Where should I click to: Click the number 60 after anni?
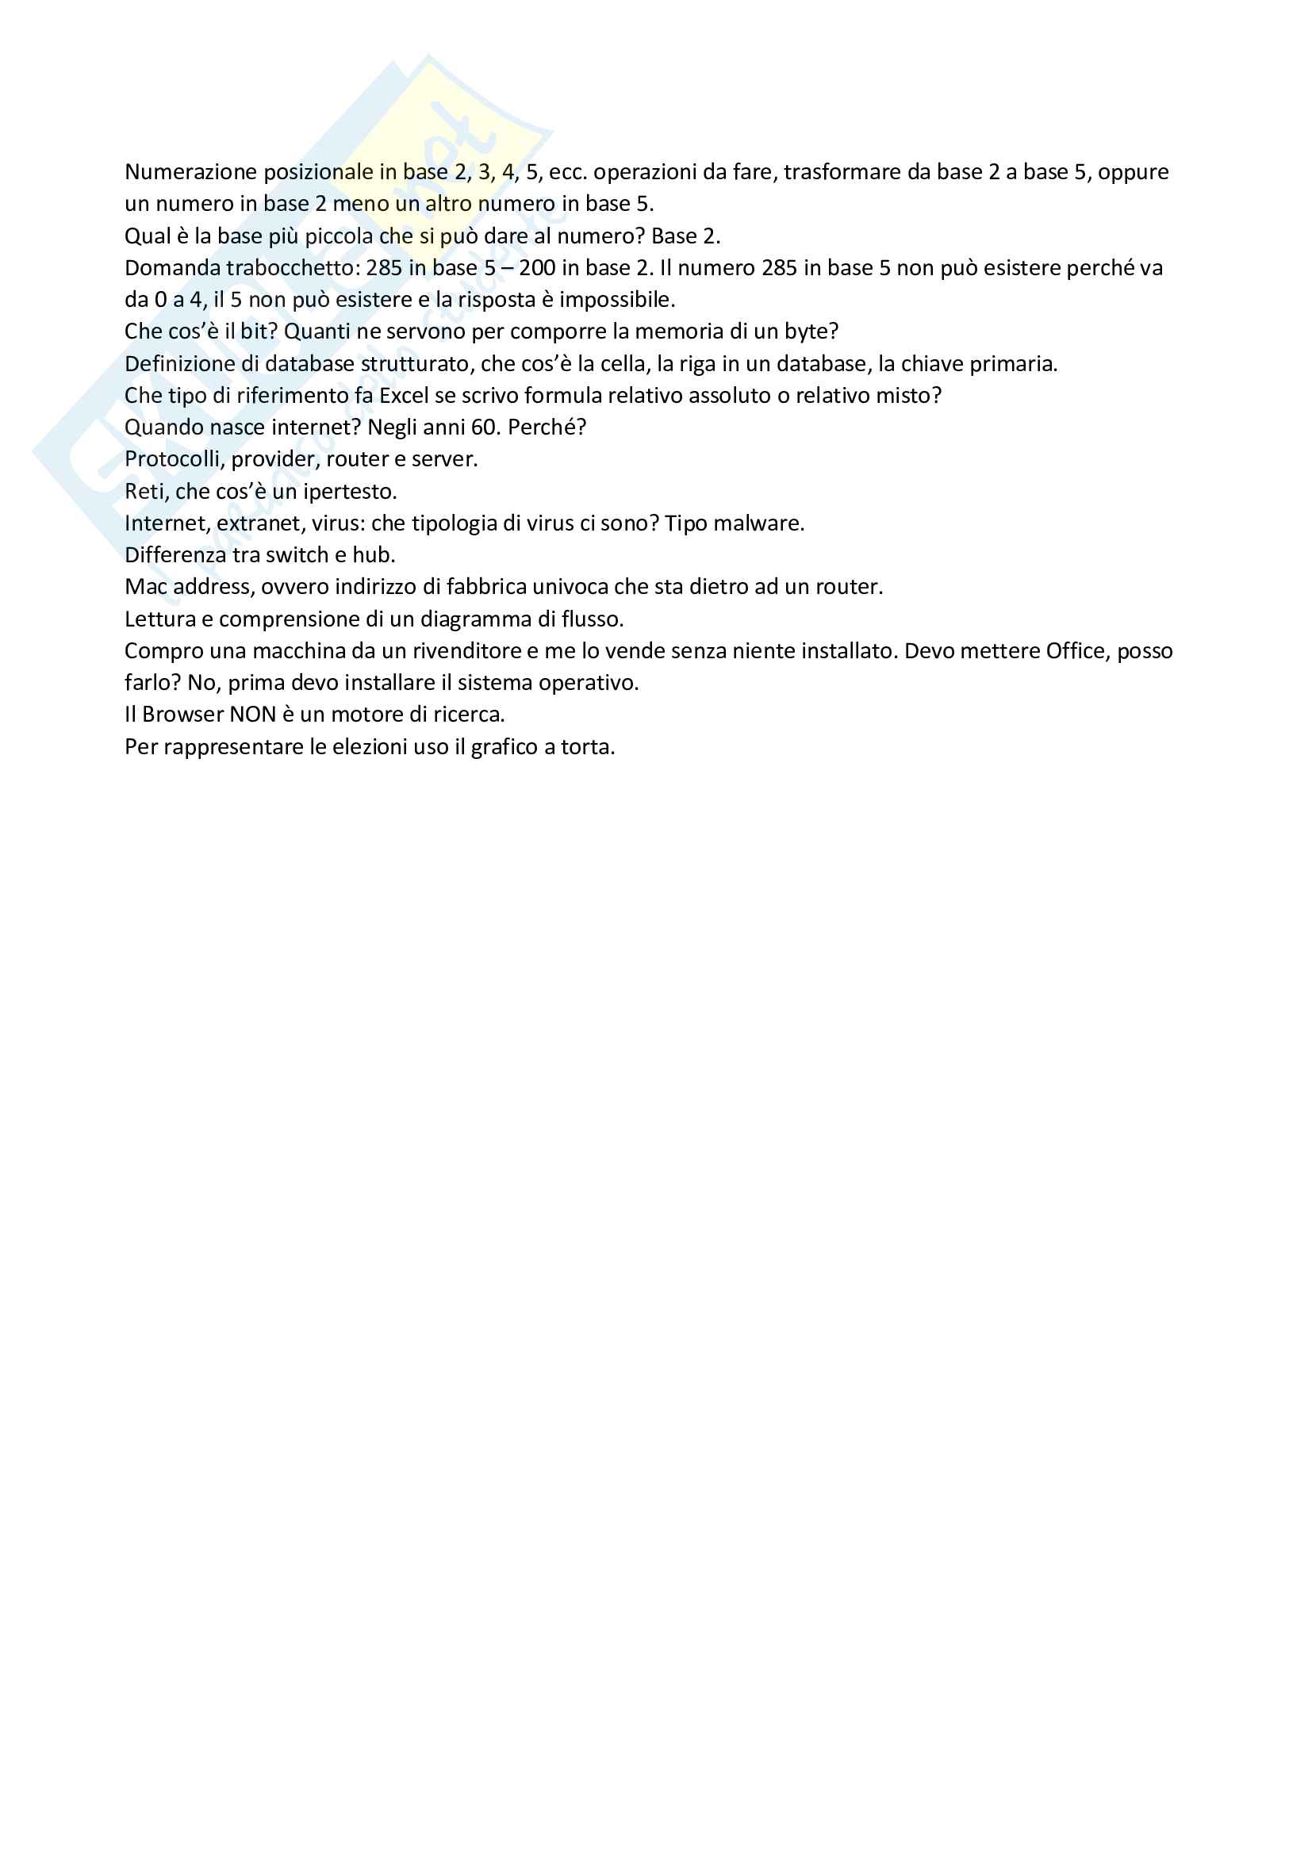click(x=484, y=427)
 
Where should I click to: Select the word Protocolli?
click(x=173, y=460)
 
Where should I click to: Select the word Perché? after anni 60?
click(x=546, y=427)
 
